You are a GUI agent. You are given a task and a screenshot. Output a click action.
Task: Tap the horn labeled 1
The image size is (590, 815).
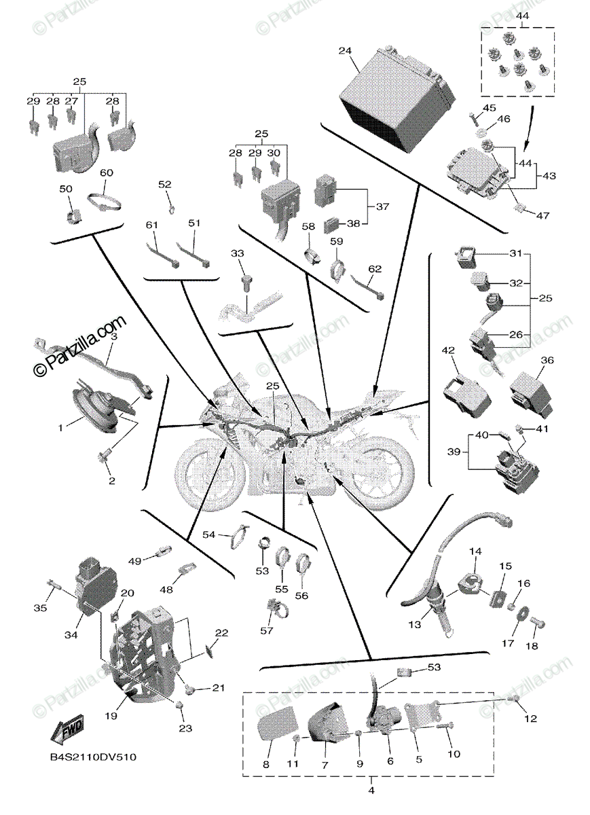coord(95,411)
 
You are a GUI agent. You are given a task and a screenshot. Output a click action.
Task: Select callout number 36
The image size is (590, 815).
coord(547,360)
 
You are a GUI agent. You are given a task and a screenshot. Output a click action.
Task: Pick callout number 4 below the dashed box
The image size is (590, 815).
coord(371,790)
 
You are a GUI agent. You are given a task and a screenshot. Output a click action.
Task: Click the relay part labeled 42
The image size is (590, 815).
coord(465,395)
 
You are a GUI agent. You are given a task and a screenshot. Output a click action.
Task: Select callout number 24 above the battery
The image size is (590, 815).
coord(345,51)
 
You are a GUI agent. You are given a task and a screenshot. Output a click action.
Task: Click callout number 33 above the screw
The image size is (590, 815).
coord(237,253)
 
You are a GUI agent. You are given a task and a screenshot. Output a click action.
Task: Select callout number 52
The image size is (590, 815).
coord(166,184)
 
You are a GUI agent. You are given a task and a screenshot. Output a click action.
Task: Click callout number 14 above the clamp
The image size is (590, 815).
coord(475,551)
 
